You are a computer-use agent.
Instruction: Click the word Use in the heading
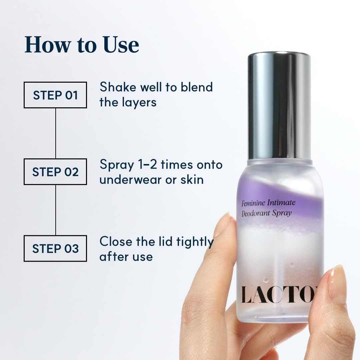pos(121,44)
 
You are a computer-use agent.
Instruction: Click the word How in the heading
pos(47,44)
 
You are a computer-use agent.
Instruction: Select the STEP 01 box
pos(55,95)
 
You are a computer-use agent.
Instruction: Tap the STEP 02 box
pos(55,172)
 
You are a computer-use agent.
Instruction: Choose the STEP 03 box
pos(55,248)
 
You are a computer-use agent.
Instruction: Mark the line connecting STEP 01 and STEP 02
pos(56,133)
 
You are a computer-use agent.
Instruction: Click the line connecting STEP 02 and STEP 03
pos(56,210)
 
